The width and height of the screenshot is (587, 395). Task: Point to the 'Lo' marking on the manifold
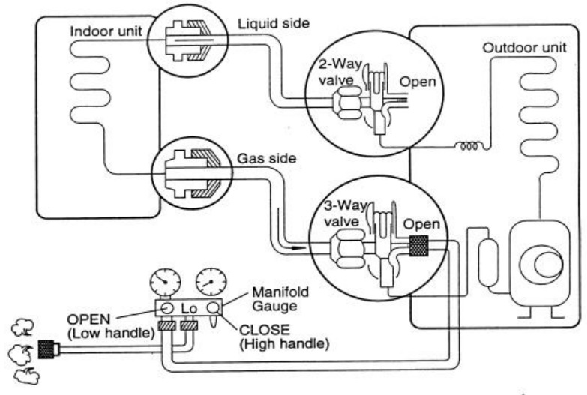tap(192, 307)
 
